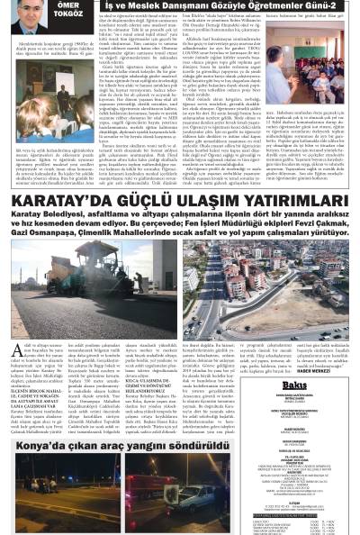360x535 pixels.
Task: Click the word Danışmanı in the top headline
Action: pyautogui.click(x=191, y=5)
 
